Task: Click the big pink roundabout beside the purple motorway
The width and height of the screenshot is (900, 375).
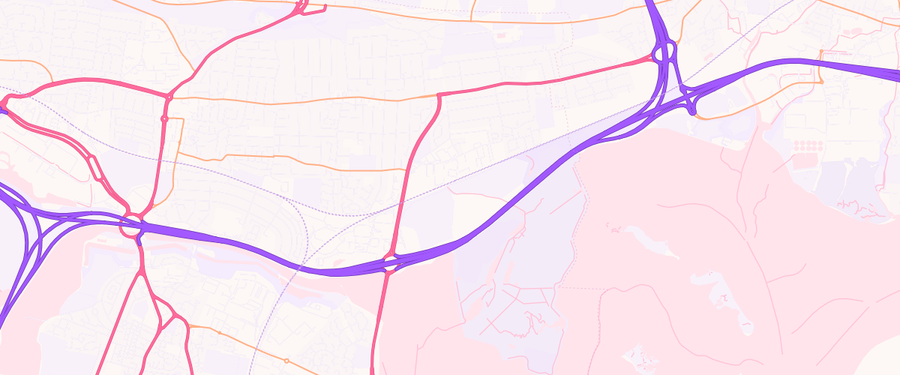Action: [133, 226]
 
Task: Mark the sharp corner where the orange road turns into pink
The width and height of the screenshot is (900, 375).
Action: [438, 94]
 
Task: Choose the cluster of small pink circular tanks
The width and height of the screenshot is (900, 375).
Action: [808, 145]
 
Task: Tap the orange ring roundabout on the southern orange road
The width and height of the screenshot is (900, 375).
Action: [286, 361]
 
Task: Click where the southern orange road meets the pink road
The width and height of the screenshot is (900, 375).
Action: [187, 325]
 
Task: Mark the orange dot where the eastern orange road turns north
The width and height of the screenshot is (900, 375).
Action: [822, 52]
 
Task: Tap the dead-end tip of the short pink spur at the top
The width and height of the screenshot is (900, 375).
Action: [325, 9]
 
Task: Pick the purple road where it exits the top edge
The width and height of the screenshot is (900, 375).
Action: [649, 3]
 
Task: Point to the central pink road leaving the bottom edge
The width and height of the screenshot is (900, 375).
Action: [373, 370]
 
